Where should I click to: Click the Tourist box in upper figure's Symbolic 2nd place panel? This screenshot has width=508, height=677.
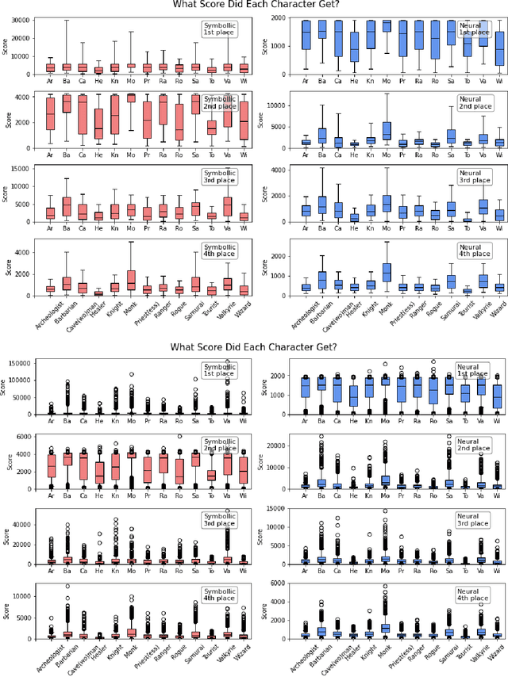[x=211, y=126]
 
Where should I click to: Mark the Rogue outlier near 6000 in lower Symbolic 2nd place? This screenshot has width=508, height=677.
[x=179, y=437]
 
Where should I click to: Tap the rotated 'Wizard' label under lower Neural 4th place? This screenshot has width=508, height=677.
[x=496, y=653]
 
